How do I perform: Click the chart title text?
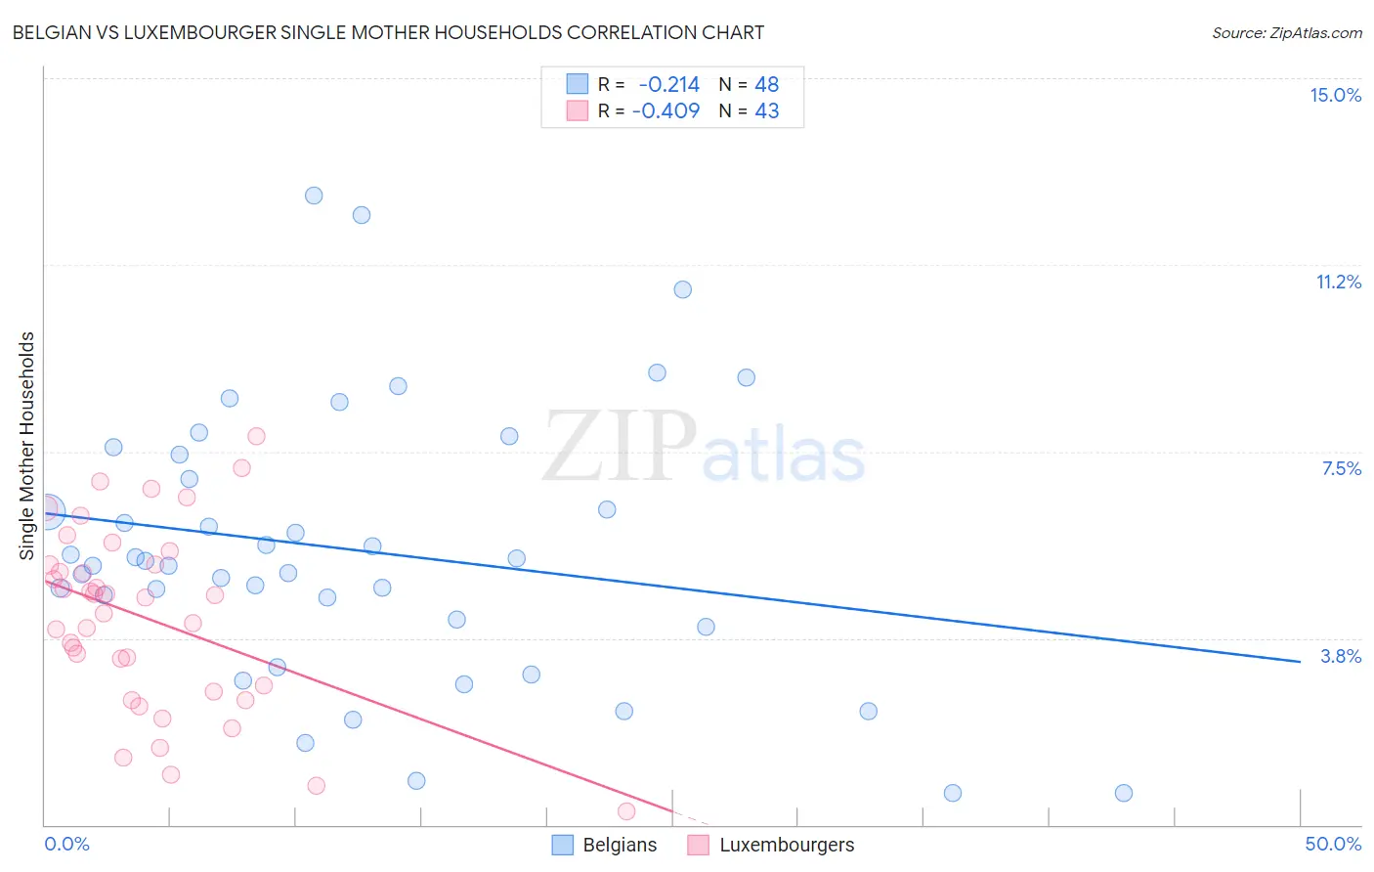click(388, 32)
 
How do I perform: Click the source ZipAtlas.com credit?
click(1286, 32)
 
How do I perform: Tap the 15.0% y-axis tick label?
click(1335, 95)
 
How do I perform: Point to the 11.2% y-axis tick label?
click(1338, 282)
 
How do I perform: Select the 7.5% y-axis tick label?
click(1341, 468)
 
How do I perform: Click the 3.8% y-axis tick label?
click(1341, 656)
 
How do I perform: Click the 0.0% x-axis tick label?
click(66, 844)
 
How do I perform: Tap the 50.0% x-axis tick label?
click(1333, 844)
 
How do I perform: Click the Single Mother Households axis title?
click(26, 446)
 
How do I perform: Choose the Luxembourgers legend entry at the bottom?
click(771, 845)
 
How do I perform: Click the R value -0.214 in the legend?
click(668, 85)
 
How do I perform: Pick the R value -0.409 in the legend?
click(666, 110)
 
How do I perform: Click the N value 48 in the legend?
click(766, 85)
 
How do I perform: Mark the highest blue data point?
click(314, 196)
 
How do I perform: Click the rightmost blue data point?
click(1124, 793)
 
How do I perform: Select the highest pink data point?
click(256, 436)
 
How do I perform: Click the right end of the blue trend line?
click(1300, 662)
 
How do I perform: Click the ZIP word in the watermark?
click(620, 447)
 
